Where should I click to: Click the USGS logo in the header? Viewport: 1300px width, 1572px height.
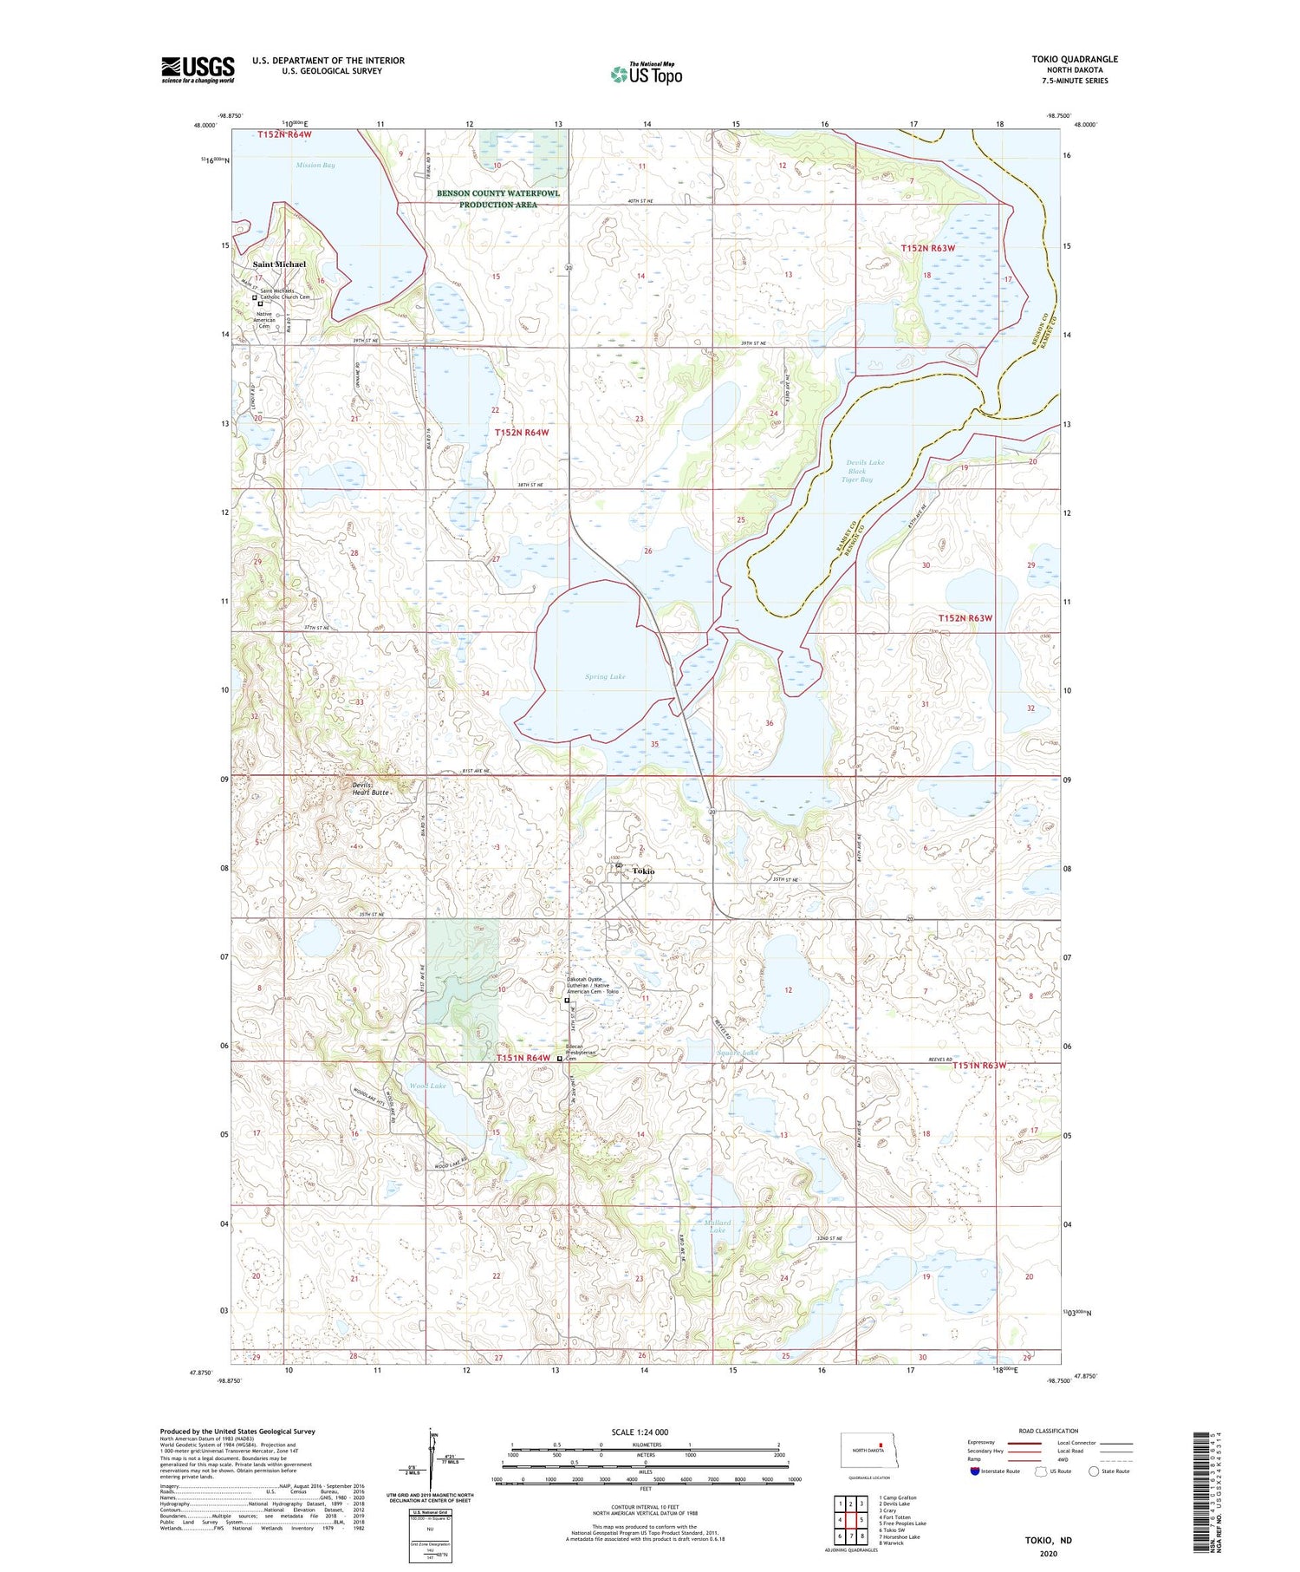(x=198, y=69)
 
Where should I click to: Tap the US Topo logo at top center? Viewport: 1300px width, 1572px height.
(x=646, y=75)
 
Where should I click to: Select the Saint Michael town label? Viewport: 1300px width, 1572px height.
(x=279, y=264)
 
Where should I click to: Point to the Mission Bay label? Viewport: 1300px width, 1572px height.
(x=315, y=165)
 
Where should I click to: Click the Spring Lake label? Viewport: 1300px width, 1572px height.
(x=604, y=676)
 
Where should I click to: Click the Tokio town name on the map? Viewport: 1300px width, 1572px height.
(x=642, y=871)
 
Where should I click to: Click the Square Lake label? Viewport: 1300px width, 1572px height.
(x=738, y=1053)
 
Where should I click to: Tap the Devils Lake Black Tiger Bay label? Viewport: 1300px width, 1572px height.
(x=863, y=471)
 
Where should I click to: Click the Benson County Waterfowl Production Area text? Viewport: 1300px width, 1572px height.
(x=497, y=199)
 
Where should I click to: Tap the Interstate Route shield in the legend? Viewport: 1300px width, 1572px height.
(x=975, y=1471)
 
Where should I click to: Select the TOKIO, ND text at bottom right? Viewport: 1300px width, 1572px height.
(x=1048, y=1540)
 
